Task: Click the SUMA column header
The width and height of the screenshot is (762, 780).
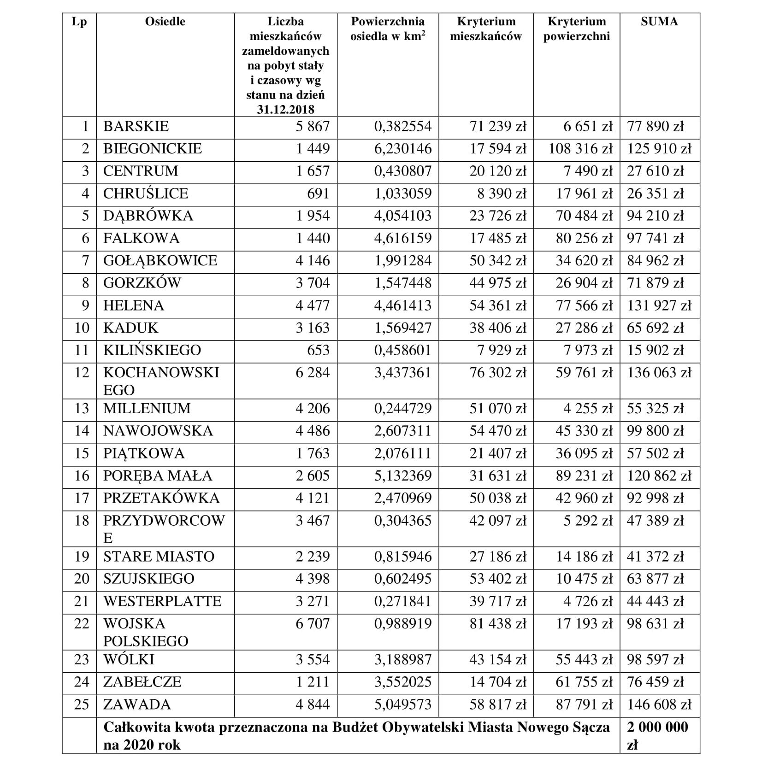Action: [x=659, y=22]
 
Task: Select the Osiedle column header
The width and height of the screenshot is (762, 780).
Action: [x=165, y=22]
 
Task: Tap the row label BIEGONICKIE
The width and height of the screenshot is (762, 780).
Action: [x=153, y=149]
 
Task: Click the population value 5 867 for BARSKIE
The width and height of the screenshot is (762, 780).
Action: [x=313, y=126]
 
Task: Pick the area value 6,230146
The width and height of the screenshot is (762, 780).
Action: [x=403, y=149]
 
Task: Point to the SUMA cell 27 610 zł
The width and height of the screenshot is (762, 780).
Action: [x=655, y=171]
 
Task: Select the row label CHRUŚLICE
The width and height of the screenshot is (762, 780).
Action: [x=146, y=194]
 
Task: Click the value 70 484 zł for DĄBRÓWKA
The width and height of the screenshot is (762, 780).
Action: [x=584, y=216]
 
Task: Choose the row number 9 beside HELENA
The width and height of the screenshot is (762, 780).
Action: [x=85, y=305]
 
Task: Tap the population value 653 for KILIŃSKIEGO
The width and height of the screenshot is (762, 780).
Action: [x=318, y=350]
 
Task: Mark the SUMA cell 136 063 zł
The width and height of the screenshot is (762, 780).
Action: [x=659, y=373]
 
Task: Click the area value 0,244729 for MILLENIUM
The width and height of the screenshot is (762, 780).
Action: [x=403, y=409]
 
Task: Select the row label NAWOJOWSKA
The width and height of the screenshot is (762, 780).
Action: [x=158, y=431]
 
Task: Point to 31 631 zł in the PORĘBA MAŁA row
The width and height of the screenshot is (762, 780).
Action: [x=498, y=475]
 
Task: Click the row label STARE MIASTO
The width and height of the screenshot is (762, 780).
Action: [x=159, y=557]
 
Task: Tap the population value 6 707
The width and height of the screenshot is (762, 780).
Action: [x=313, y=624]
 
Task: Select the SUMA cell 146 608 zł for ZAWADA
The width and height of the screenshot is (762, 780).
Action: [x=659, y=704]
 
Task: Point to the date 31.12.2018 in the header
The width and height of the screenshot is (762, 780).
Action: [x=285, y=110]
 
